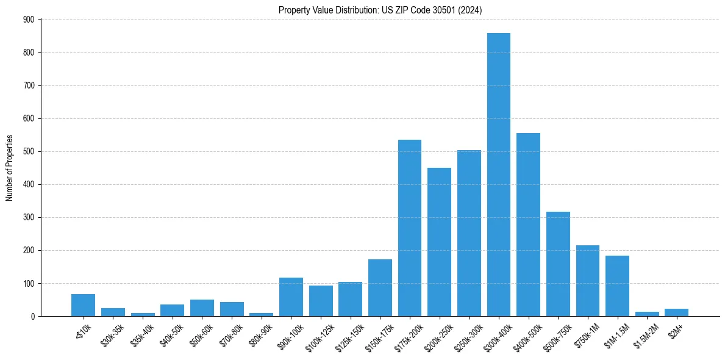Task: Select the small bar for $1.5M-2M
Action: tap(647, 314)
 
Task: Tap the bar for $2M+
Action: tap(676, 312)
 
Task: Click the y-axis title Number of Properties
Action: tap(9, 168)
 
